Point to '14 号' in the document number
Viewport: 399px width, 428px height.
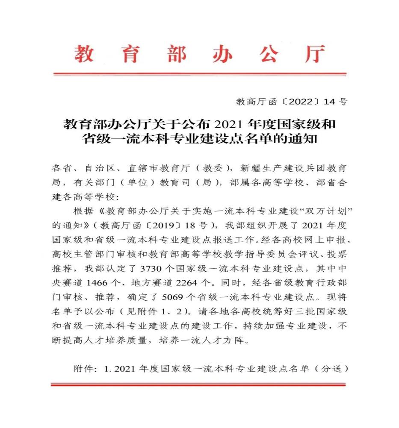pyautogui.click(x=336, y=102)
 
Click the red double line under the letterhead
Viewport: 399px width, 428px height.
pyautogui.click(x=200, y=74)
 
